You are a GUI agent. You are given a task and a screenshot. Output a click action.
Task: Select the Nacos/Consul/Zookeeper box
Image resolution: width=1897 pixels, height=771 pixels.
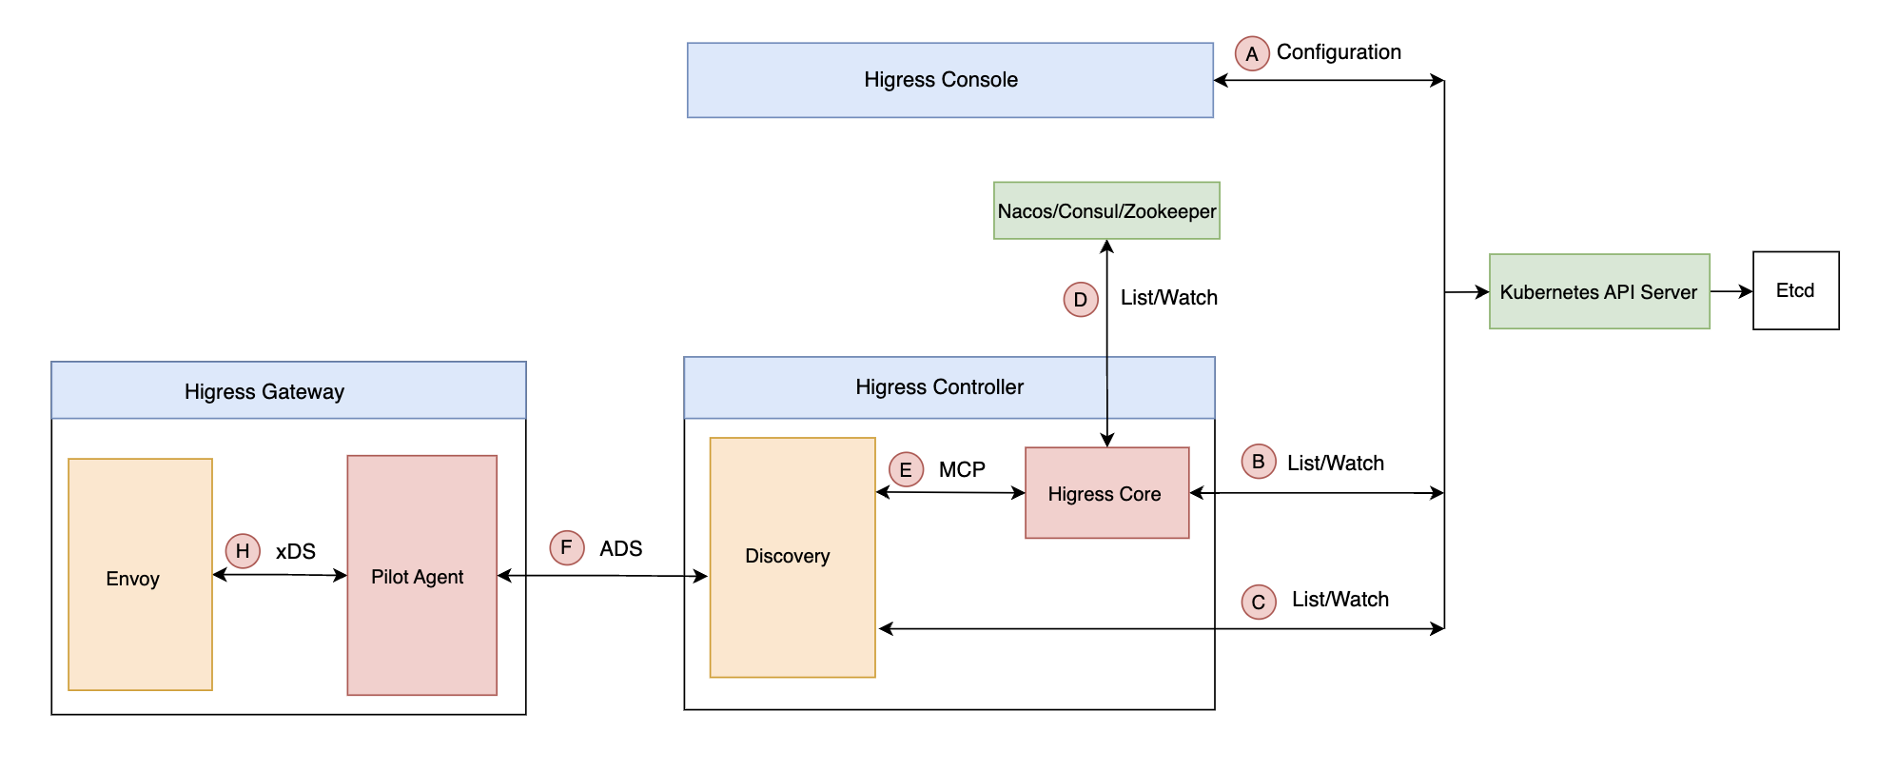click(x=1106, y=210)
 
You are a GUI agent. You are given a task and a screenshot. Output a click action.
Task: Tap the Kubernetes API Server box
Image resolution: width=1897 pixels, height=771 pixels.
click(x=1598, y=291)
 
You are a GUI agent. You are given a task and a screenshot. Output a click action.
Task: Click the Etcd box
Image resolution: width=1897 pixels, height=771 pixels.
click(x=1795, y=290)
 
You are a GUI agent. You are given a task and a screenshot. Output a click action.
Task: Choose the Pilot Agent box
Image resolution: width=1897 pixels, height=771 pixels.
click(x=421, y=575)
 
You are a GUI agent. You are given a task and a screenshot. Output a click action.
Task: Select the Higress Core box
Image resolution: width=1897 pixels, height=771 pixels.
click(x=1106, y=493)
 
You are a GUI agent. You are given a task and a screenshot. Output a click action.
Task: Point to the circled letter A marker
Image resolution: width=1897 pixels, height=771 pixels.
click(x=1252, y=53)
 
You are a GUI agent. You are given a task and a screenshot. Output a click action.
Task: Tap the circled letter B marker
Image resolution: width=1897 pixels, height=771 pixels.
click(x=1258, y=462)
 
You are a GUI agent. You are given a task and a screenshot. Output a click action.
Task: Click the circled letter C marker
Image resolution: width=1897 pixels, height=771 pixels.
click(x=1259, y=602)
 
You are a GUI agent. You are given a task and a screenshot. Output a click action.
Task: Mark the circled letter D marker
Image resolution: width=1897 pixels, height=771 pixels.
click(x=1081, y=300)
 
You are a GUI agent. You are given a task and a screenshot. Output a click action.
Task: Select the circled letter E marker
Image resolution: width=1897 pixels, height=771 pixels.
click(x=906, y=469)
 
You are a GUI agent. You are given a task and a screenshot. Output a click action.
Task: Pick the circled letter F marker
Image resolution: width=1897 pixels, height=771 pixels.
click(x=567, y=547)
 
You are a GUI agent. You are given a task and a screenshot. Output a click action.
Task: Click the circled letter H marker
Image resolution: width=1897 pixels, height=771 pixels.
click(x=243, y=550)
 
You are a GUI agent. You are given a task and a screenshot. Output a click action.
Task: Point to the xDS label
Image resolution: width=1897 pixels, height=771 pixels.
click(x=296, y=552)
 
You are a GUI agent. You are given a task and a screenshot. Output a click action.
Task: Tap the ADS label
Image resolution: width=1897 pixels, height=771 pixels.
click(x=620, y=549)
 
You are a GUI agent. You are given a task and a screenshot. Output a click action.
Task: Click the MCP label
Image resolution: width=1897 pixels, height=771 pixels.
click(x=962, y=470)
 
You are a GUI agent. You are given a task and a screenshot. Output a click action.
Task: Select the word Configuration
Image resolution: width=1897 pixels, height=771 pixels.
click(x=1339, y=52)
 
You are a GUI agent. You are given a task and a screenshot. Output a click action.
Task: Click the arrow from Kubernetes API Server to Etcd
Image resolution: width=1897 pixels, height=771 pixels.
click(x=1731, y=291)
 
